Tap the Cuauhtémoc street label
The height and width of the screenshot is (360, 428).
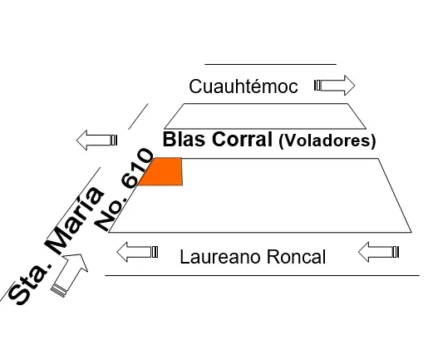244,86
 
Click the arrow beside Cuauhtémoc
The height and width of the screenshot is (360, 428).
334,86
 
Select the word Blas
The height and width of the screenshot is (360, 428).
185,139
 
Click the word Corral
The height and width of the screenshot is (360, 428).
242,139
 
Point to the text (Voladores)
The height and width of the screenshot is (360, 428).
327,141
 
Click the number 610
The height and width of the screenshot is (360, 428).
137,169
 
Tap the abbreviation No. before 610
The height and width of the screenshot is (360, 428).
110,211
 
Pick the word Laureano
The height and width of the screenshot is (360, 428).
220,257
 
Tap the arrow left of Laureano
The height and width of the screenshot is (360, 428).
137,252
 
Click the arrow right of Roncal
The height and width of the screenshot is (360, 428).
378,252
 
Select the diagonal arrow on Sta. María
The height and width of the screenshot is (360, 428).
70,275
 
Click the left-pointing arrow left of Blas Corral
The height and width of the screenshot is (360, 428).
96,140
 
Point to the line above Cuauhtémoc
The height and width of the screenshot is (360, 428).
270,64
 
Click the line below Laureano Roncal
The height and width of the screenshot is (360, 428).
262,276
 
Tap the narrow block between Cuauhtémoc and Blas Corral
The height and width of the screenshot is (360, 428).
265,116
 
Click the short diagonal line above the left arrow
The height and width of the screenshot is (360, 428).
138,116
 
